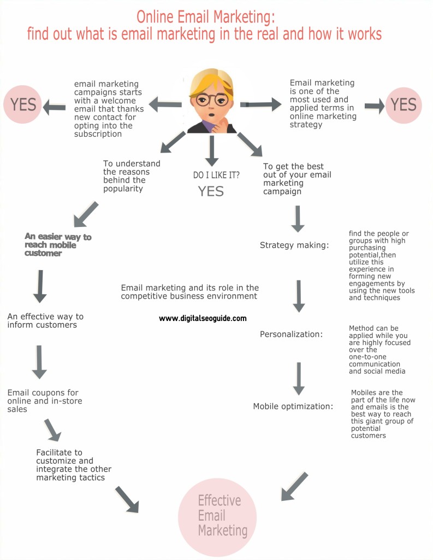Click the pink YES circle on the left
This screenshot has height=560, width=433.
[23, 104]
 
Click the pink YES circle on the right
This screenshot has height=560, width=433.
[404, 105]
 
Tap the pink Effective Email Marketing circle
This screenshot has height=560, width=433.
[217, 517]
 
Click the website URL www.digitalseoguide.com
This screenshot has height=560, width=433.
[203, 318]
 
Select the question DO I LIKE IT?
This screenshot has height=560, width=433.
[216, 175]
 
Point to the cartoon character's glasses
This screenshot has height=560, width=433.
[212, 100]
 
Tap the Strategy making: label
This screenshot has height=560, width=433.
[294, 246]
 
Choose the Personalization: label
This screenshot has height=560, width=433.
[291, 334]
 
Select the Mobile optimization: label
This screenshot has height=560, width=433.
[293, 406]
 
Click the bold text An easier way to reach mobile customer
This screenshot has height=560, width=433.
[58, 244]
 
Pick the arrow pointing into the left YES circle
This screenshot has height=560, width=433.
[54, 107]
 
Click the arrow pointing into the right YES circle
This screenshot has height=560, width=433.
[375, 106]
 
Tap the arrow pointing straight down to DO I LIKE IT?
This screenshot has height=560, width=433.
[212, 151]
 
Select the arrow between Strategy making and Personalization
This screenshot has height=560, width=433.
[299, 296]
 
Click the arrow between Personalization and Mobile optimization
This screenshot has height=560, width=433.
[299, 378]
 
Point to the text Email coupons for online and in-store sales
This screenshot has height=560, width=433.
[45, 401]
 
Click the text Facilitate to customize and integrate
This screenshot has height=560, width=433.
[74, 465]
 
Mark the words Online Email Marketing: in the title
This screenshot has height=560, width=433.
[206, 17]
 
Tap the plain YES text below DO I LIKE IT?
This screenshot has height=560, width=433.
[211, 191]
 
